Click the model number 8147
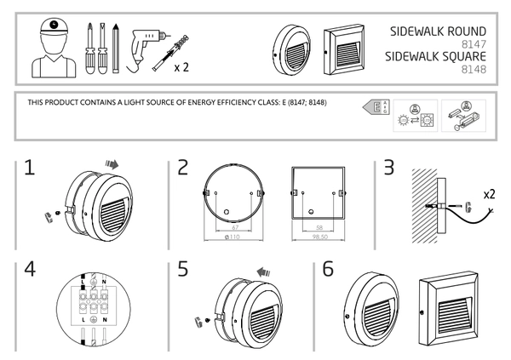474,43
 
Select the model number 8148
474,70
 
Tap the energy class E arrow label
372,107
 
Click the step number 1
30,168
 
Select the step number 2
183,168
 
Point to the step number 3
388,168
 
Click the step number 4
31,270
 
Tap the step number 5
182,270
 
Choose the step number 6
328,270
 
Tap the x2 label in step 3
489,195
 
